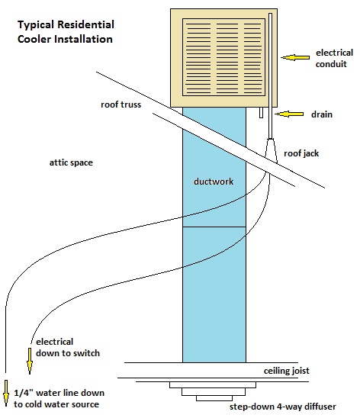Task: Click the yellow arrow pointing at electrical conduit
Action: pyautogui.click(x=295, y=57)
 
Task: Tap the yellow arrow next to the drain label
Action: pyautogui.click(x=289, y=114)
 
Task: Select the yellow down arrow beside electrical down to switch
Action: pyautogui.click(x=30, y=361)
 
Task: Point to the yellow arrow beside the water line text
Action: pyautogui.click(x=6, y=393)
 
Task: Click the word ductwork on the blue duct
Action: pyautogui.click(x=214, y=182)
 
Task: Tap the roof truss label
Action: pyautogui.click(x=121, y=104)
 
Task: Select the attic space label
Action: pyautogui.click(x=71, y=162)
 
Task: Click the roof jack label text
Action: pyautogui.click(x=301, y=153)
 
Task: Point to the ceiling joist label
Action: pyautogui.click(x=287, y=371)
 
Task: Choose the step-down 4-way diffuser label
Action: pyautogui.click(x=283, y=407)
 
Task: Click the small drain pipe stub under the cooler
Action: pyautogui.click(x=261, y=112)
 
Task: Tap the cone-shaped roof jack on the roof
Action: pyautogui.click(x=271, y=152)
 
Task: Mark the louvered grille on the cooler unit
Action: pyautogui.click(x=223, y=57)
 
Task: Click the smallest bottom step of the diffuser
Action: pyautogui.click(x=214, y=398)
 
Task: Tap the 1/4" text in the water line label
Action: pyautogui.click(x=24, y=393)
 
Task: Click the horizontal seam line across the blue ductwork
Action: pyautogui.click(x=214, y=227)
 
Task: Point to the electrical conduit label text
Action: pyautogui.click(x=334, y=59)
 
